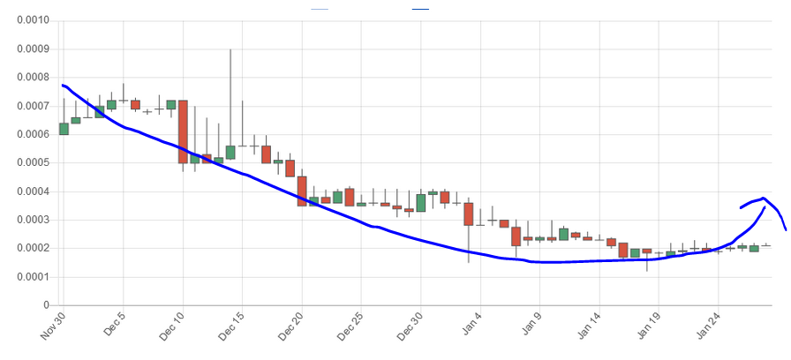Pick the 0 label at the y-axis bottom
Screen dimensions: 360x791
(45, 305)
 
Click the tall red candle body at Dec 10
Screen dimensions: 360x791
(183, 131)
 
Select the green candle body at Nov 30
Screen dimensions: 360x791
(64, 129)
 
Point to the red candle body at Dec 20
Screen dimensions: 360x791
(302, 191)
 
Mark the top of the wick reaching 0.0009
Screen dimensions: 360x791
(230, 50)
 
